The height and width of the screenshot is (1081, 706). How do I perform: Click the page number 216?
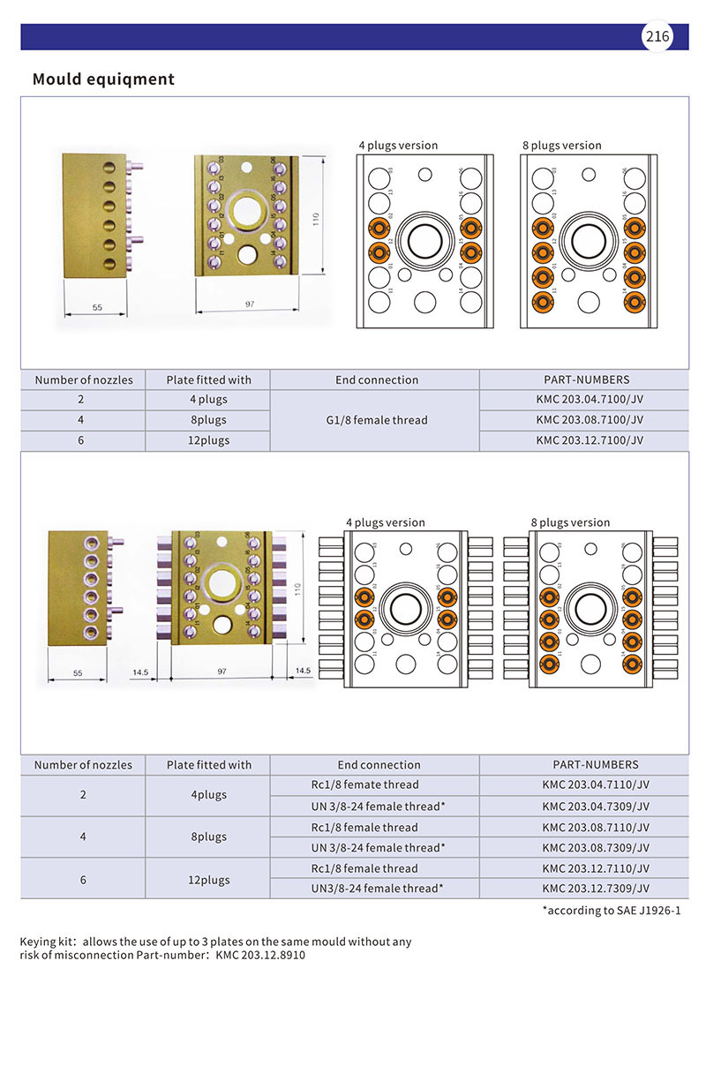click(657, 36)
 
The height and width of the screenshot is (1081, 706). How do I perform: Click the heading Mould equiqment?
click(103, 79)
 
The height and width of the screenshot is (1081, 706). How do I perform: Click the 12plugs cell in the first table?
click(209, 440)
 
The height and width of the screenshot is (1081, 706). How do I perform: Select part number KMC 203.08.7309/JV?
click(596, 847)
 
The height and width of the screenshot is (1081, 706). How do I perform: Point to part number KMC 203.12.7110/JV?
click(596, 868)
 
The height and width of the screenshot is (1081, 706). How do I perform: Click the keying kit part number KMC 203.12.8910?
click(260, 956)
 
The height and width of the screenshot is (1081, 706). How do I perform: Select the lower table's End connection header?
click(379, 765)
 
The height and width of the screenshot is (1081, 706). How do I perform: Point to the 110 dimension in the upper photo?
click(315, 216)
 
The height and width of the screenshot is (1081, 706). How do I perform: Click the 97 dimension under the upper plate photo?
click(250, 304)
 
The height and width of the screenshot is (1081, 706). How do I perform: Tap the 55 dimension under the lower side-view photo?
click(77, 672)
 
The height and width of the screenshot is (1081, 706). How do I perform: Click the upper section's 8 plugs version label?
click(561, 146)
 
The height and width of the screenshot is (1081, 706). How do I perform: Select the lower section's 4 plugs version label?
click(385, 522)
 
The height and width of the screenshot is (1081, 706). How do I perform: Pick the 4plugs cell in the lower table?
click(209, 795)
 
